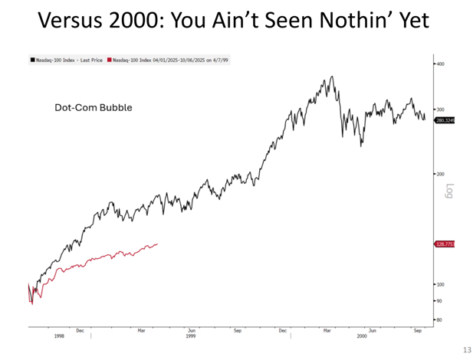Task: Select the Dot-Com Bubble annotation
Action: coord(93,108)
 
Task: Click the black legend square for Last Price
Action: coord(32,59)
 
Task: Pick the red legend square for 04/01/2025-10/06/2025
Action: coord(109,59)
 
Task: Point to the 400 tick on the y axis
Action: coord(439,64)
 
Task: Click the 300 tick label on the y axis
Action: coord(439,110)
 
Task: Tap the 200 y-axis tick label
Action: coord(439,174)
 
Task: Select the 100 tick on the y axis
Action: coord(439,284)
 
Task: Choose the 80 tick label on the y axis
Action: coord(439,319)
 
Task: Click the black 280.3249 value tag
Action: coord(445,120)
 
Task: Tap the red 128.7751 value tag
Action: coord(445,244)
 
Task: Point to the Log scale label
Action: coord(449,191)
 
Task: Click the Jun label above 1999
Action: coord(191,330)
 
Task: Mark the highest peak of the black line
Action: coord(331,77)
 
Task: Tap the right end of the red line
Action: coord(157,244)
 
